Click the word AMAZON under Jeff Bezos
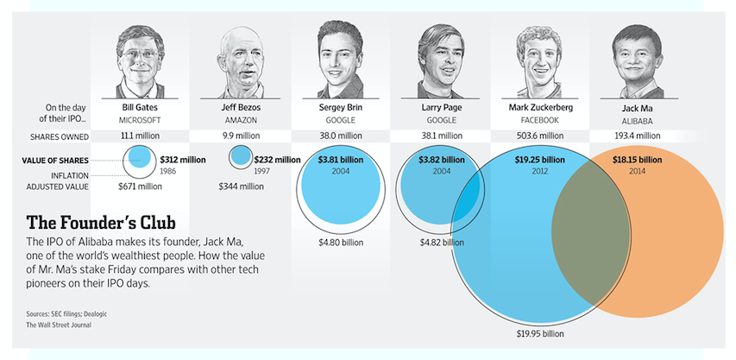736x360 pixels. pyautogui.click(x=241, y=120)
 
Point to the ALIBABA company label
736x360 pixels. pyautogui.click(x=637, y=120)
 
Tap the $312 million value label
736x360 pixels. pyautogui.click(x=183, y=159)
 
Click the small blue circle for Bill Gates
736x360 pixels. pyautogui.click(x=141, y=158)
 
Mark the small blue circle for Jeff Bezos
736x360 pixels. pyautogui.click(x=241, y=157)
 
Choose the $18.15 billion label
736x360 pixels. pyautogui.click(x=637, y=159)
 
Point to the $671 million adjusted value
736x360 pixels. pyautogui.click(x=139, y=186)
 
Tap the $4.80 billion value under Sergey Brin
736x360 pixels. pyautogui.click(x=341, y=243)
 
